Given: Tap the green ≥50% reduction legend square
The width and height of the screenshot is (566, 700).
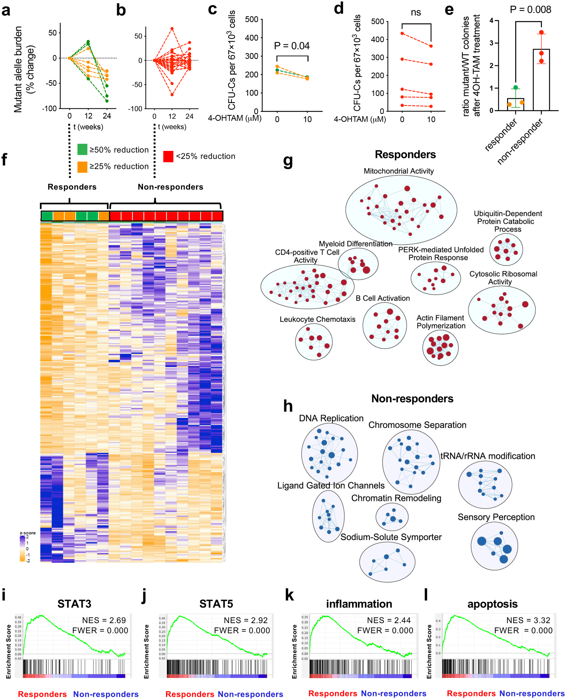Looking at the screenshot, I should point(82,149).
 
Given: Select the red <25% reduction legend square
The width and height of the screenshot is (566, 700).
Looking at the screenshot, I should point(168,156).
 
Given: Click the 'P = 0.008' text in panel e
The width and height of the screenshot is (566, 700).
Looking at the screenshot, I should point(530,10).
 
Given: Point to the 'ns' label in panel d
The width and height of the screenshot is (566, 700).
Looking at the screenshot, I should point(416,13).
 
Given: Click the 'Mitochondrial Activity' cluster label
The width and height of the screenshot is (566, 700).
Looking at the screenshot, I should point(398,171).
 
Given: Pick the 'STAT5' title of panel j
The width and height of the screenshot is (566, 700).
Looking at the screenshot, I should point(216,604).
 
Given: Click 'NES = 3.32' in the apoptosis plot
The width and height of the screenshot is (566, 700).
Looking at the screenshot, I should point(528,620).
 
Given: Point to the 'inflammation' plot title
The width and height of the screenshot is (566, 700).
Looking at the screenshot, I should point(359,604).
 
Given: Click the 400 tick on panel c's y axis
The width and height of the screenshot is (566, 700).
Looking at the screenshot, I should point(251,38).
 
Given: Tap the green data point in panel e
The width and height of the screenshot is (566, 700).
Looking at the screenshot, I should point(515,87).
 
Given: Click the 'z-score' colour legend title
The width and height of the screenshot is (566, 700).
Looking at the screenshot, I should point(28,533).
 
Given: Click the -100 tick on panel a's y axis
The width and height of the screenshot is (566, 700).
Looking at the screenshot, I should point(49,109).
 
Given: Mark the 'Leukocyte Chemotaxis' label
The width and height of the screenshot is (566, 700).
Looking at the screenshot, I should point(317,319).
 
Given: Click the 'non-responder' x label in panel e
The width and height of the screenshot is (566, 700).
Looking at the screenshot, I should point(520,141).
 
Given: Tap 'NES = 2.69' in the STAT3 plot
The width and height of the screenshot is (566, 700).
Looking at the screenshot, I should point(104,620).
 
